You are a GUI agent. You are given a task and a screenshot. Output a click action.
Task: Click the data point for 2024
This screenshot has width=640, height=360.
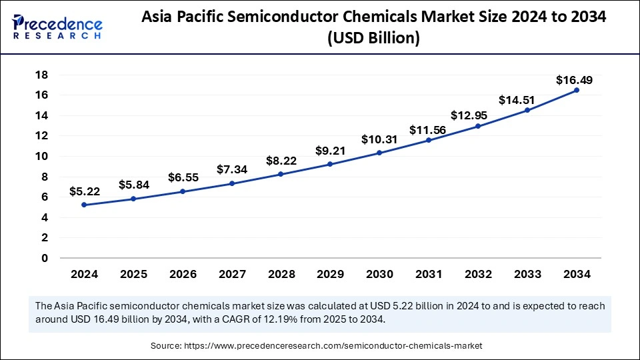coord(84,205)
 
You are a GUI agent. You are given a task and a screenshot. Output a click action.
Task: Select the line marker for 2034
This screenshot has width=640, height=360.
coord(576,90)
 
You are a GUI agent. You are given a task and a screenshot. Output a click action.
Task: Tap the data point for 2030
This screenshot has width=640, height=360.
coord(379,153)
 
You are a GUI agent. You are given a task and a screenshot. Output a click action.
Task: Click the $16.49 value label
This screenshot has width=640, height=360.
coord(574,80)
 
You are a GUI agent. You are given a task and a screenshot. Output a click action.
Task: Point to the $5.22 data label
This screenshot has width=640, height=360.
coord(84,191)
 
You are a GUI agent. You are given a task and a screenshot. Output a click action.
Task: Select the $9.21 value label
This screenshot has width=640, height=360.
coord(330,151)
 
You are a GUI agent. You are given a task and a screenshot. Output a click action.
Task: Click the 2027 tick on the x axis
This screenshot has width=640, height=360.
coord(231,273)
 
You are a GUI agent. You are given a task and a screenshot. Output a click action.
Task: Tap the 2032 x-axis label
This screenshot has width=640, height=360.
coord(477,273)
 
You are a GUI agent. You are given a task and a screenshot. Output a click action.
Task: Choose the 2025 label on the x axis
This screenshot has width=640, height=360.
coord(133,273)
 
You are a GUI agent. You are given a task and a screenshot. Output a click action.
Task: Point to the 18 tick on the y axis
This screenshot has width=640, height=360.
coord(41,75)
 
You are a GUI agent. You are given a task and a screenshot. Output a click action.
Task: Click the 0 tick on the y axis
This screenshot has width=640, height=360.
coord(44,258)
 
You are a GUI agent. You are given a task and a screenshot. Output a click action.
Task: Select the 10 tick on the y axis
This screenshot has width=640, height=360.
coord(41,157)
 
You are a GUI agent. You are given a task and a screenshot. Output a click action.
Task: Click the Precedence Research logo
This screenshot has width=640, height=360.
coord(57,28)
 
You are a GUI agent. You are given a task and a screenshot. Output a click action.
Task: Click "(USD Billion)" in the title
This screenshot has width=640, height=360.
coord(374,39)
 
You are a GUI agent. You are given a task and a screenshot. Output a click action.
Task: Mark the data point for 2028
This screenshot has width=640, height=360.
coord(281,174)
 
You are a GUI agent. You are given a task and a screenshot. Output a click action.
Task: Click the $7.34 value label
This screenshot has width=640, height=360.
coord(232,169)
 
